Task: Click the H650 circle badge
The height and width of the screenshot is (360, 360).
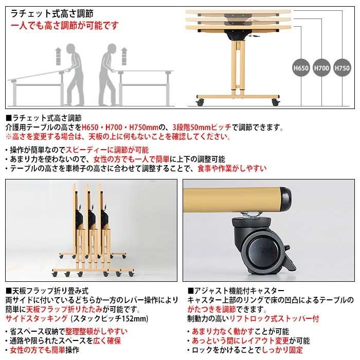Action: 301,67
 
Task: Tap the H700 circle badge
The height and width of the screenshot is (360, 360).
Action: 321,67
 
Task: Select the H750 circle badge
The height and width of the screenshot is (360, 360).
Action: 342,67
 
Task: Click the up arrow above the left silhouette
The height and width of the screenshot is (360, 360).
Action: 58,51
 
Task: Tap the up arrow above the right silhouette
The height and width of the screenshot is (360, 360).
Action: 124,52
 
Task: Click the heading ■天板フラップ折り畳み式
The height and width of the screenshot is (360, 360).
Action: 46,291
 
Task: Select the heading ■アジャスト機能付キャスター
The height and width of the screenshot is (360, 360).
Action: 236,291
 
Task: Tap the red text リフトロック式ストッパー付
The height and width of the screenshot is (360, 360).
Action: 274,319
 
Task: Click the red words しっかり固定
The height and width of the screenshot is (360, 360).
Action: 289,350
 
